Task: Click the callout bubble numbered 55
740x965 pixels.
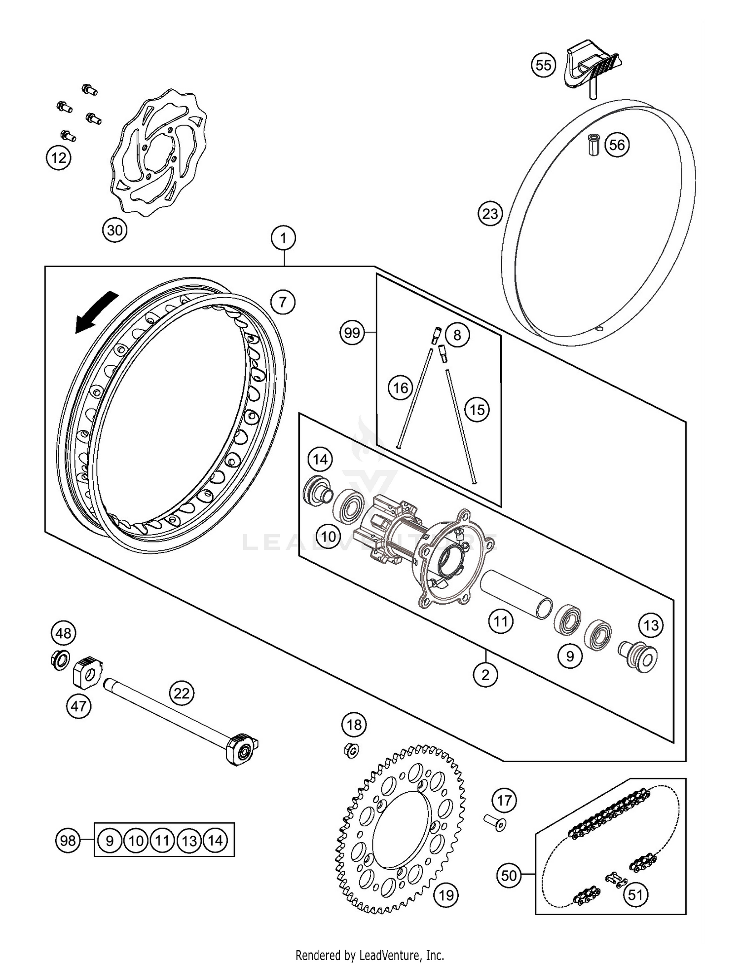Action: (x=543, y=65)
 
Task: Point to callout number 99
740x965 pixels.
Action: (x=352, y=333)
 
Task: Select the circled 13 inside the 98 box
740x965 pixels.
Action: (x=189, y=841)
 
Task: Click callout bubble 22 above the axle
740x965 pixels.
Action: (x=182, y=694)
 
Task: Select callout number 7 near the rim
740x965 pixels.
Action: (x=283, y=302)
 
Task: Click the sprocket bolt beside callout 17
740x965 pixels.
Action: (x=495, y=823)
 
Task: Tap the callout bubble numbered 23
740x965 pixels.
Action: (x=490, y=214)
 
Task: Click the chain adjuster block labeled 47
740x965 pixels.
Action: (x=87, y=671)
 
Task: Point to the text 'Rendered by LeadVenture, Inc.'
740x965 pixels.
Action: (x=370, y=955)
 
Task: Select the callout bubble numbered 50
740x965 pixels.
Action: (x=509, y=876)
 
